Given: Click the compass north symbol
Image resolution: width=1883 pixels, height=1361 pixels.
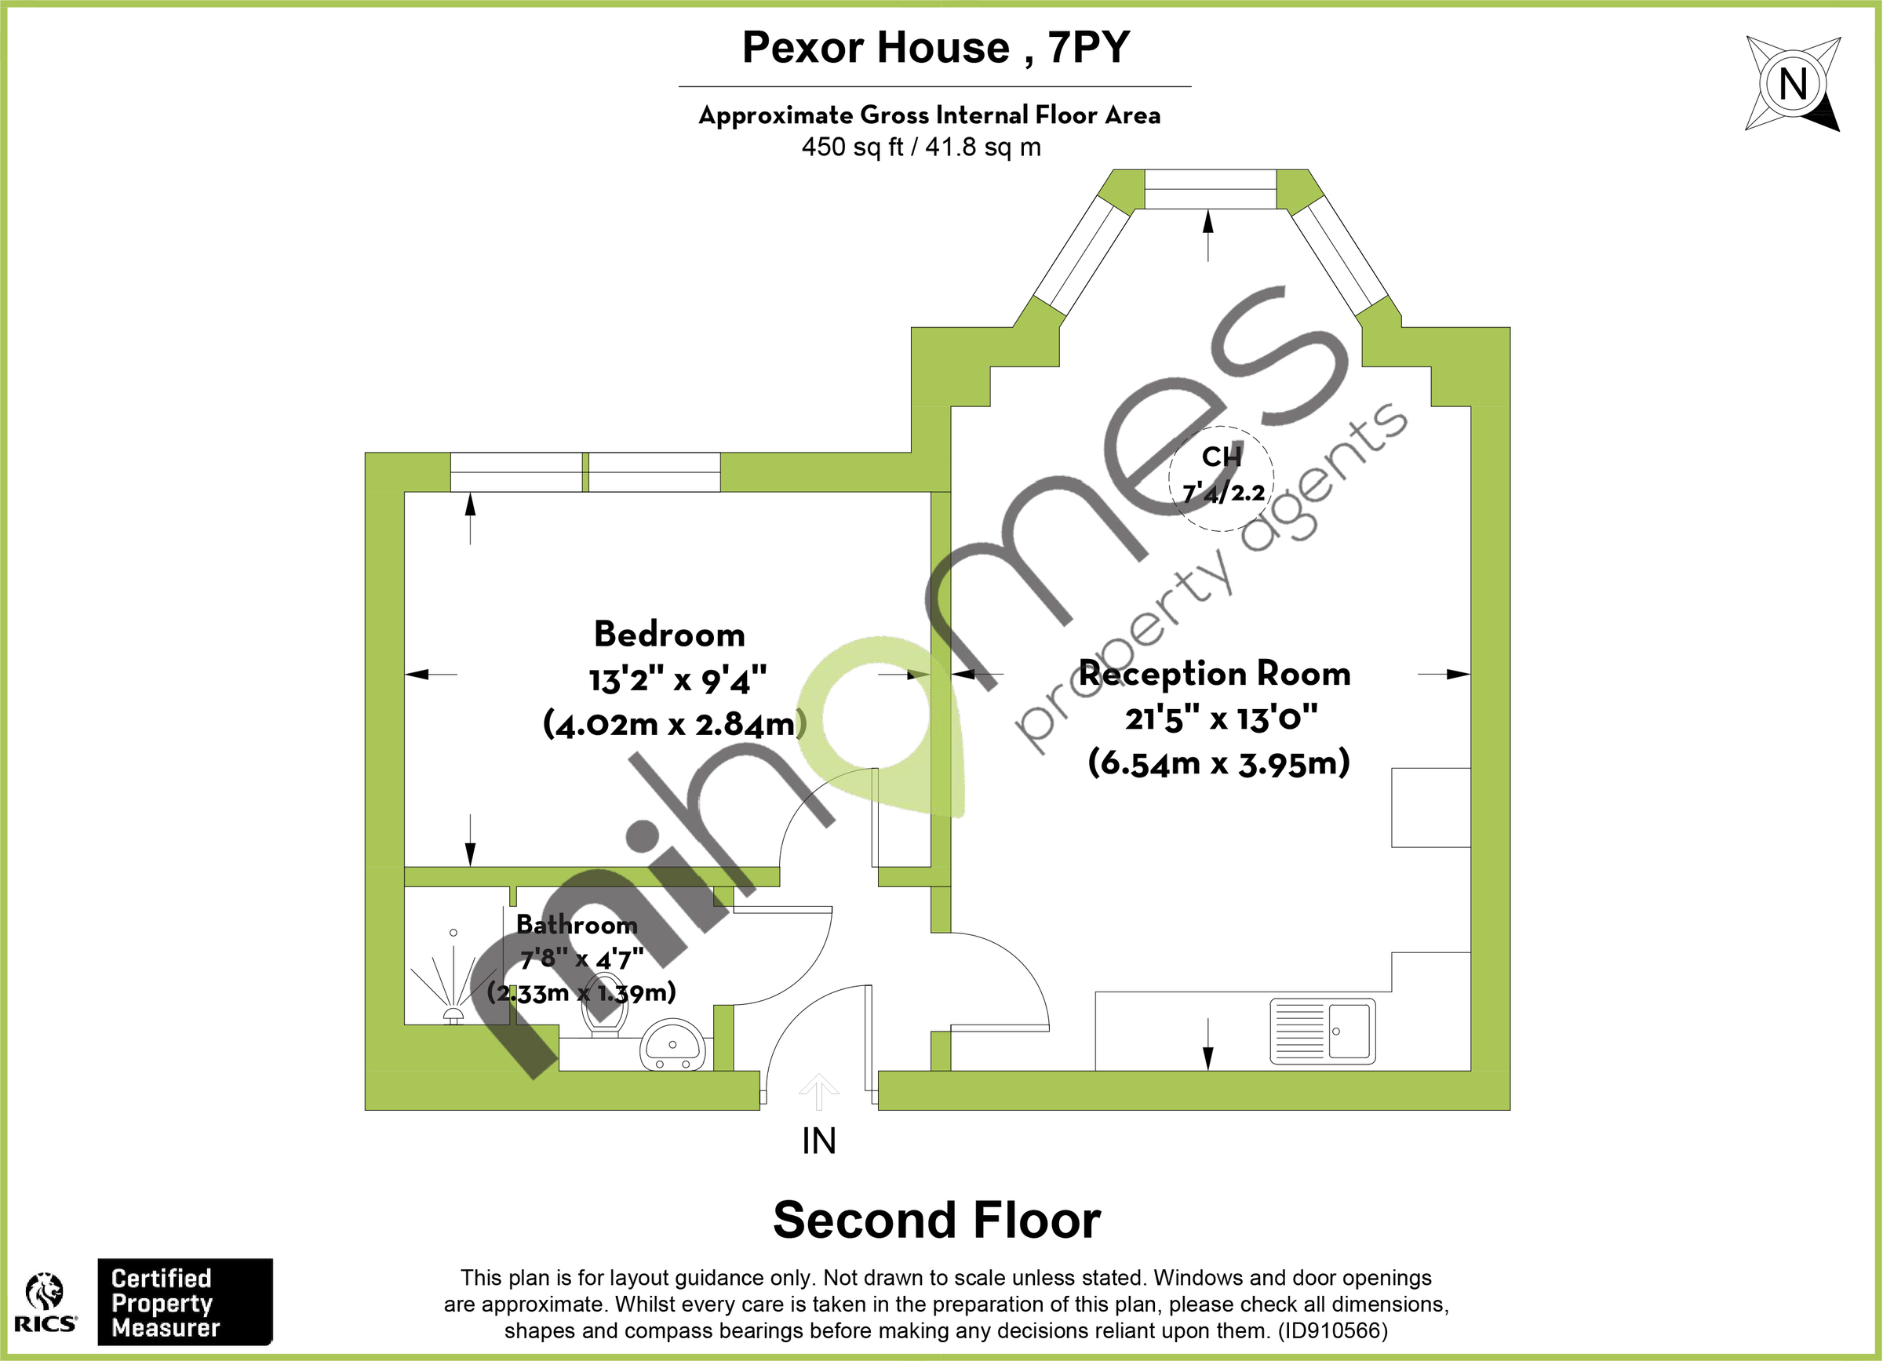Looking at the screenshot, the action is [x=1793, y=84].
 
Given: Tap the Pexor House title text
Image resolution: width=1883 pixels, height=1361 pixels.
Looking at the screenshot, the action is [x=936, y=47].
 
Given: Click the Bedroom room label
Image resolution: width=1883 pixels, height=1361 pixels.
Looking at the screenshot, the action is [x=669, y=635].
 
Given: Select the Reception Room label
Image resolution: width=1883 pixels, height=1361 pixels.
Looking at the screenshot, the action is [x=1215, y=674].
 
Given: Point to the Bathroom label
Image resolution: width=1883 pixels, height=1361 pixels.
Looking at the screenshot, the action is [x=577, y=925].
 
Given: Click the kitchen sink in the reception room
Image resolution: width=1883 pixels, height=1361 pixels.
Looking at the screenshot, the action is [x=1323, y=1032].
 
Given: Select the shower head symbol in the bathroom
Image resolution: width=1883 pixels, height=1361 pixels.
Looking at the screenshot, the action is [x=453, y=1014].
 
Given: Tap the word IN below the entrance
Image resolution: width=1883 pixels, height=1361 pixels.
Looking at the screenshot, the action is [x=818, y=1142].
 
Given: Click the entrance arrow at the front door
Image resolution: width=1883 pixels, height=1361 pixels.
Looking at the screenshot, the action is [x=818, y=1092].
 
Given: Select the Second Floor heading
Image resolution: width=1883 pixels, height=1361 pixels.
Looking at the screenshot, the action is [x=937, y=1221].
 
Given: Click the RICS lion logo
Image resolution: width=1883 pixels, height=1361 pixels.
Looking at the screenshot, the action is [x=45, y=1291].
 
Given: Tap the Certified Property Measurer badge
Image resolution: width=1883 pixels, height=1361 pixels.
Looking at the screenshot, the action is [x=185, y=1302].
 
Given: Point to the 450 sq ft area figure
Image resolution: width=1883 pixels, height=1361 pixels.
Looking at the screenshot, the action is [x=852, y=147].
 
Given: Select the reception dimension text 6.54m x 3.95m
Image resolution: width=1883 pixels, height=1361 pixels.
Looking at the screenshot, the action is [x=1218, y=762].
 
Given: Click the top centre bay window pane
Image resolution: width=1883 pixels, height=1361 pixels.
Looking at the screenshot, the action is [x=1210, y=189].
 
